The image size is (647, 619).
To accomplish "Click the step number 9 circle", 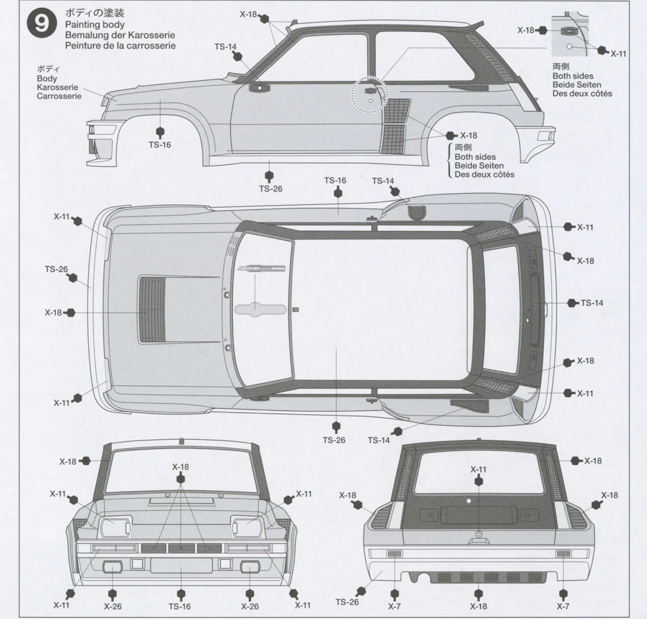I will point(42,24).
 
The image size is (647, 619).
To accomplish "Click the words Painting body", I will point(95,24).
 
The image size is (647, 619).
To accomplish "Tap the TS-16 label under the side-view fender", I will point(160,145).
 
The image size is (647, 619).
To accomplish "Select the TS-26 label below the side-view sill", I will point(270,189).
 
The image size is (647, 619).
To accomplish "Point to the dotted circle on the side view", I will point(369,95).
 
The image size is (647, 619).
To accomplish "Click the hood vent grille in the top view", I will point(152,310).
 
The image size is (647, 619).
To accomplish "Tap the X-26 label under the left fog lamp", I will point(113,606).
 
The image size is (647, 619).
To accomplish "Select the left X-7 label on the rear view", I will point(394,606).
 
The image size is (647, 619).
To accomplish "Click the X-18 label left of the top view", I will point(53,312).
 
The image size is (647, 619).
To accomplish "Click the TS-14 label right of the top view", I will point(592,303).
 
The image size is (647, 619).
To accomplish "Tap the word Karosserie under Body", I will point(57,87).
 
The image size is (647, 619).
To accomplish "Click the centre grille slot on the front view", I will point(181,548).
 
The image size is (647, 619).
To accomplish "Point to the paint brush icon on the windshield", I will point(261,269).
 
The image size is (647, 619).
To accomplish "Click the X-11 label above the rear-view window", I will point(478,469).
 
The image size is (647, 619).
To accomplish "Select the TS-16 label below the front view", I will point(180,606).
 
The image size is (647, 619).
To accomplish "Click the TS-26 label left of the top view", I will point(56,269).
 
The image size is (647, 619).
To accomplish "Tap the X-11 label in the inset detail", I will point(618,54).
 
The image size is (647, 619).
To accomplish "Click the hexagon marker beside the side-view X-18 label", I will point(451,135).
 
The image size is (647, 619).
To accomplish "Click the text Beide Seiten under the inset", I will point(577,85).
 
